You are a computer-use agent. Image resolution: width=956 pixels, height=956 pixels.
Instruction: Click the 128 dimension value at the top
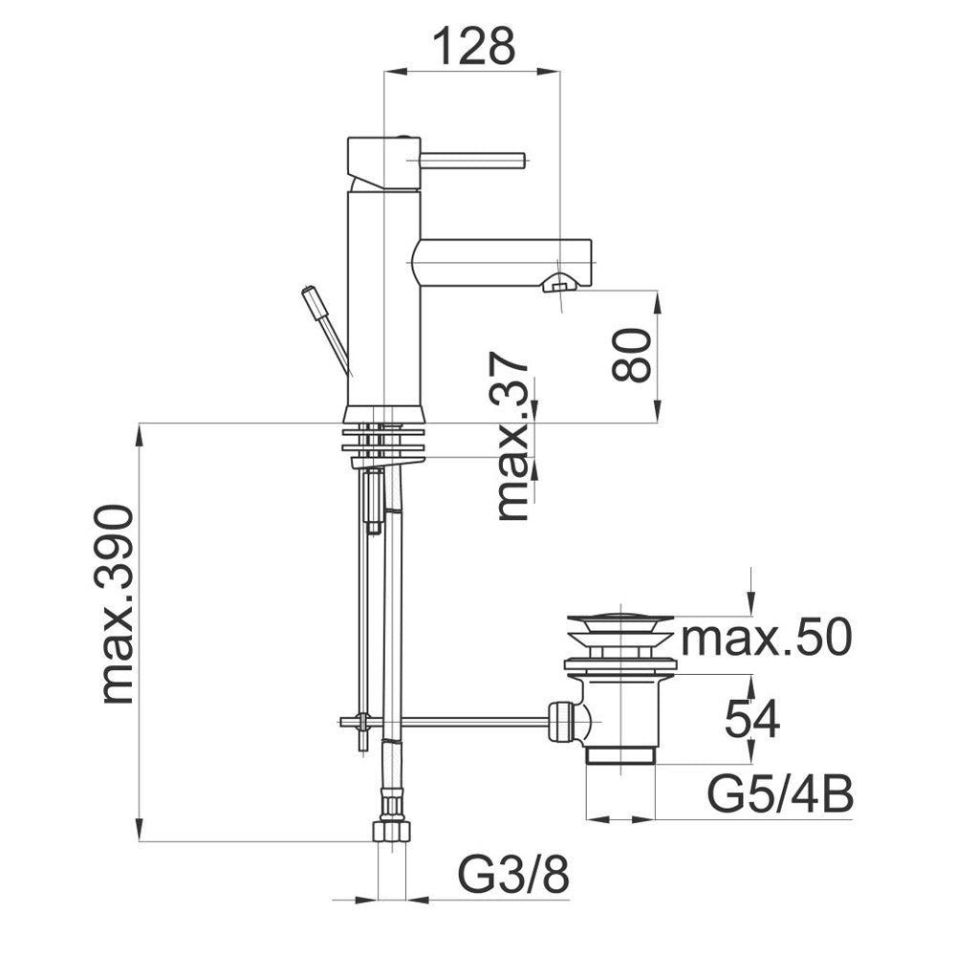tap(474, 46)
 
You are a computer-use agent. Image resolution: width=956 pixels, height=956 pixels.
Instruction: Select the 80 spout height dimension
tap(630, 356)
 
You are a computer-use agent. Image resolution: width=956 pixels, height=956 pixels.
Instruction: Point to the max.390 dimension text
tap(117, 603)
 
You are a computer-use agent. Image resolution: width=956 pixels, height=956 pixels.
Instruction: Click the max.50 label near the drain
tap(766, 637)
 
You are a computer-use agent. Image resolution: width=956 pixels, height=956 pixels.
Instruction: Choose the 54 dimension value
tap(751, 719)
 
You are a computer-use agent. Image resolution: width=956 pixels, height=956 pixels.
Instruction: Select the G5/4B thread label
tap(780, 793)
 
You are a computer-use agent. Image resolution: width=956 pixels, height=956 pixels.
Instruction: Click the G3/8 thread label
tap(513, 875)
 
